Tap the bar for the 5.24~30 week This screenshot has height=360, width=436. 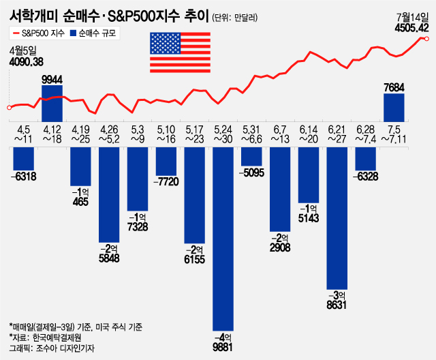[223, 239]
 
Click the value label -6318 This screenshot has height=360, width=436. [24, 177]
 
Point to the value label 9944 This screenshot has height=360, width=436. [52, 79]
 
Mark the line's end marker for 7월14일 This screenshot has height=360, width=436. [426, 39]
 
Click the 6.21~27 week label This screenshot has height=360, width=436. [337, 134]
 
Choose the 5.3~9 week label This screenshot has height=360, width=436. [138, 134]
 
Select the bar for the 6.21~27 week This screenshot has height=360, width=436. [337, 215]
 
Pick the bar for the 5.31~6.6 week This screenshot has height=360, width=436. [252, 155]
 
